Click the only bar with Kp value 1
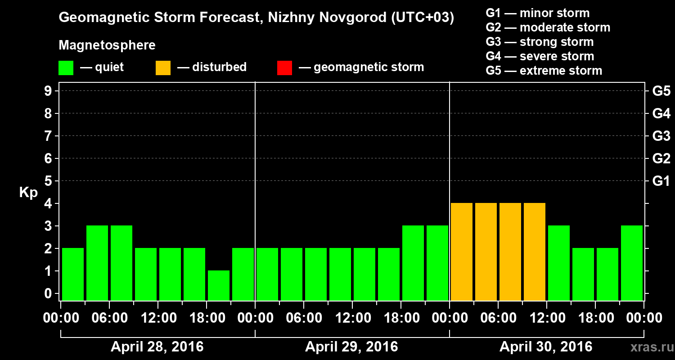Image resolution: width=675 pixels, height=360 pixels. coord(219,285)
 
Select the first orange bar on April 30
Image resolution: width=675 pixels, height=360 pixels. coord(462,251)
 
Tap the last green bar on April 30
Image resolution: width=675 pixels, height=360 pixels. coord(632,262)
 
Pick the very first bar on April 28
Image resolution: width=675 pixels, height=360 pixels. coord(73,274)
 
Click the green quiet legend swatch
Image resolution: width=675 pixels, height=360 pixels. coord(66,68)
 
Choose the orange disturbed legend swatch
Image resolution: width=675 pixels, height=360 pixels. coord(163,68)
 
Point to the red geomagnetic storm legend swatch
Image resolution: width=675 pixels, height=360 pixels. coord(284,68)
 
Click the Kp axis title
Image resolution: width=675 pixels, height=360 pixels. coord(28,192)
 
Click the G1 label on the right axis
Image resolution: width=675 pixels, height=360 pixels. coord(661,181)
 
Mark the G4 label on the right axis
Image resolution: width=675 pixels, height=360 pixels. coord(661,113)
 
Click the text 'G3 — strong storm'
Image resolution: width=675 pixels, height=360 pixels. coord(540,42)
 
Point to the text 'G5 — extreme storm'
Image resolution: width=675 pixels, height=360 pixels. coord(544,71)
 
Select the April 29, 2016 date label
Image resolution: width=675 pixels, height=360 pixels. coord(351,347)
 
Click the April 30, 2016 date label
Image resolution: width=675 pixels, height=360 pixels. coord(546,347)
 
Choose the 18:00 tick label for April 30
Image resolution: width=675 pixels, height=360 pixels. coord(595,318)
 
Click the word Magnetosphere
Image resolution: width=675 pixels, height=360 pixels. coord(107,45)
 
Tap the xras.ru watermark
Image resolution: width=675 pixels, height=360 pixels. coord(650,347)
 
